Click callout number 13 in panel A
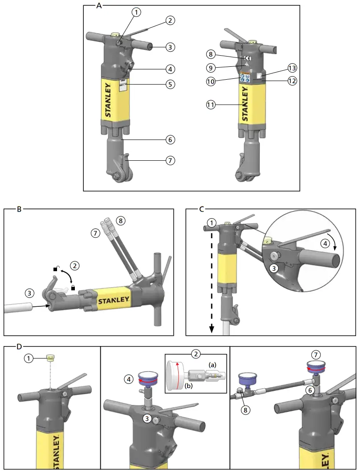click(x=292, y=68)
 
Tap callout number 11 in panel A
click(x=211, y=105)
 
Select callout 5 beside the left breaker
click(x=170, y=84)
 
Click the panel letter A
click(x=99, y=5)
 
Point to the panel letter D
click(x=19, y=346)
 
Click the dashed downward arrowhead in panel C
click(x=212, y=330)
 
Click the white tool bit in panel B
click(x=18, y=307)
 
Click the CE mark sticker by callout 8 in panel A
click(x=248, y=58)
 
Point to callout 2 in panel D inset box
click(x=195, y=354)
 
